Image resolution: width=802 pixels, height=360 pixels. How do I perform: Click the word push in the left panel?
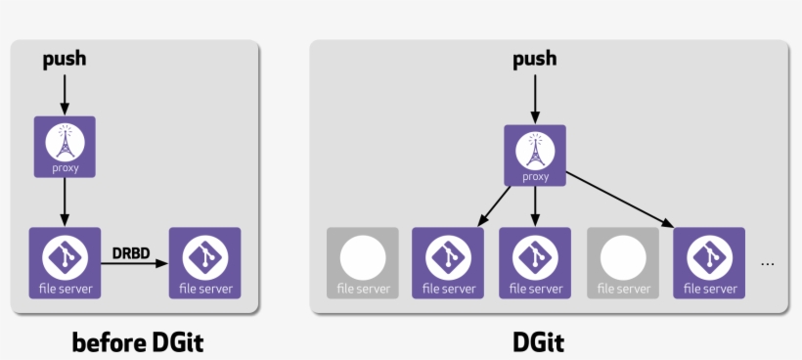(x=65, y=59)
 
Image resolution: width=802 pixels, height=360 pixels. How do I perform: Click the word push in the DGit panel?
(x=535, y=59)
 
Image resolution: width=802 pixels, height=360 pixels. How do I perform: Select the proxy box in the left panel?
(x=65, y=147)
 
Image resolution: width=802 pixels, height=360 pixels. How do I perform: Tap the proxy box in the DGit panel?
(x=535, y=156)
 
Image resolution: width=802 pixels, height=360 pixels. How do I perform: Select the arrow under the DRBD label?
(x=134, y=264)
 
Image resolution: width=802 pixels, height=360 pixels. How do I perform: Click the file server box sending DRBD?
(x=65, y=262)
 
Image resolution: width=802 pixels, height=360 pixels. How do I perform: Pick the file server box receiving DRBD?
(x=205, y=262)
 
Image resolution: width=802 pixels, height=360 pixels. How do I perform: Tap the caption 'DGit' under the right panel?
(x=539, y=342)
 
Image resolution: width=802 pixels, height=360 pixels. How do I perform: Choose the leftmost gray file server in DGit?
(x=363, y=262)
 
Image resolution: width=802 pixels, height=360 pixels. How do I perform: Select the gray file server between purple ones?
(x=623, y=262)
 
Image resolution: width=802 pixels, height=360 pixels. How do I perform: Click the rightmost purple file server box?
(x=709, y=262)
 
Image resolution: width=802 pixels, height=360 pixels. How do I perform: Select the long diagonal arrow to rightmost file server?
(x=620, y=200)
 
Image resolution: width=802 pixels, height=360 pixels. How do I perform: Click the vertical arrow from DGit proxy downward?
(x=535, y=205)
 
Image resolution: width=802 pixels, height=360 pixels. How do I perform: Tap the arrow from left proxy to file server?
(x=65, y=201)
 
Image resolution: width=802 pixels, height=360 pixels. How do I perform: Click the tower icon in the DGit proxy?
(x=535, y=149)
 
